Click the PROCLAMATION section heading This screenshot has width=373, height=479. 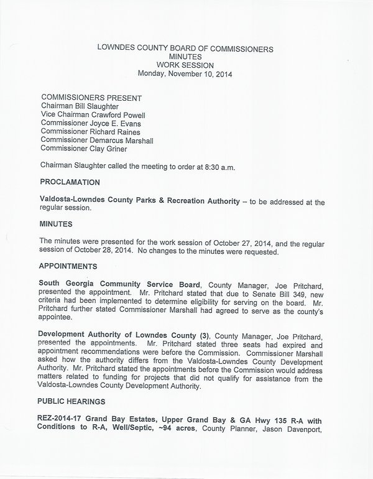coord(70,182)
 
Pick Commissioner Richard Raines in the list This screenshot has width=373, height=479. coord(90,132)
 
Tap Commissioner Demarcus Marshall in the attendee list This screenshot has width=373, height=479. coord(96,140)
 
